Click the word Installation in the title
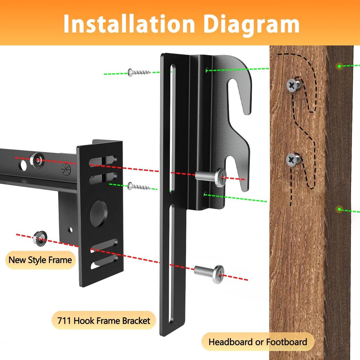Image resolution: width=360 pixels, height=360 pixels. coord(129,24)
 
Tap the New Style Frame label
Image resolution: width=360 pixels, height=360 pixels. coord(40,260)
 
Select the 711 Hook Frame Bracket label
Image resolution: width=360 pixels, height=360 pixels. coord(104,320)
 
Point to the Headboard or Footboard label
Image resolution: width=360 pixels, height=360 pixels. coord(258,342)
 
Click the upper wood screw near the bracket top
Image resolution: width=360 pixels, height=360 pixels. coord(139,72)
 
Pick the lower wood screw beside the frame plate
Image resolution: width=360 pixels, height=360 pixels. coord(139,186)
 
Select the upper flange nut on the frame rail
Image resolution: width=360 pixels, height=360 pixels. coord(37,160)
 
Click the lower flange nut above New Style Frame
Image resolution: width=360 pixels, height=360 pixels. coord(40,238)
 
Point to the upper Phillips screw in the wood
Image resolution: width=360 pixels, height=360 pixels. coord(293,85)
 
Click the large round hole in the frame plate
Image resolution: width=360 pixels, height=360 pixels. coord(99,213)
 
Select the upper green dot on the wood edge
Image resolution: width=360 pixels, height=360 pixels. coord(339,66)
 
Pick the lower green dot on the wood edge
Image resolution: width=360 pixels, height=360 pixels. coord(339,209)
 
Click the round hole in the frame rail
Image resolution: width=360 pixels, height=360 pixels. coord(22,166)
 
